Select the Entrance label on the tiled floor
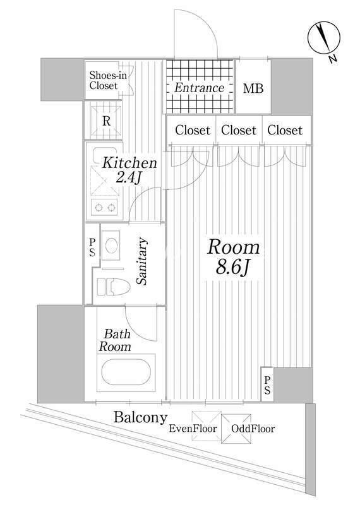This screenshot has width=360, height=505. pyautogui.click(x=200, y=88)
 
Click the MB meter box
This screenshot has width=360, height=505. pyautogui.click(x=254, y=88)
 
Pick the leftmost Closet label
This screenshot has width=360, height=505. pyautogui.click(x=192, y=131)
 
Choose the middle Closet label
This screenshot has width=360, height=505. pyautogui.click(x=239, y=131)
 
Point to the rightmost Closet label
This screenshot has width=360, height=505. pyautogui.click(x=285, y=131)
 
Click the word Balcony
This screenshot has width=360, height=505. pyautogui.click(x=140, y=417)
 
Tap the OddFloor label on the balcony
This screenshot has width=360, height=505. pyautogui.click(x=253, y=429)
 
